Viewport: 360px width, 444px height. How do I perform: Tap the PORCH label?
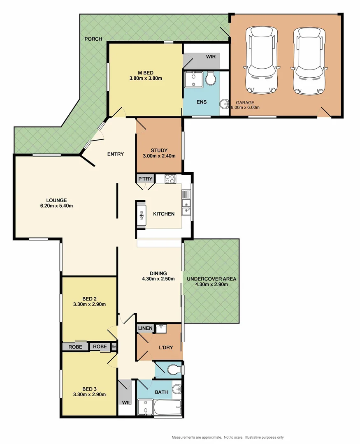[x=93, y=39]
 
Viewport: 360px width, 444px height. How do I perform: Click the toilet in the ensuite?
[x=211, y=78]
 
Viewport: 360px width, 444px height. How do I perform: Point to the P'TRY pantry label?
[x=145, y=179]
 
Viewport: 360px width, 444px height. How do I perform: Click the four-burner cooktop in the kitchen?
[x=170, y=179]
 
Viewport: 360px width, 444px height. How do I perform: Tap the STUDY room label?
[x=159, y=150]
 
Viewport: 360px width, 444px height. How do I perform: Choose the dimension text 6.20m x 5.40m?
[x=57, y=206]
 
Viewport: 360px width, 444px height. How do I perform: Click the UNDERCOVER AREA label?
[x=211, y=279]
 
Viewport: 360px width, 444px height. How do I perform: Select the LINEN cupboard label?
[x=145, y=328]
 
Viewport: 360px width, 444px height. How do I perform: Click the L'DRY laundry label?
[x=165, y=347]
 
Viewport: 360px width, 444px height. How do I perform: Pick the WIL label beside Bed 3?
[x=126, y=402]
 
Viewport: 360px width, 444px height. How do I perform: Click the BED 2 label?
[x=89, y=298]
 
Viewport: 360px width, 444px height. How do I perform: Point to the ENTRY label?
[x=115, y=154]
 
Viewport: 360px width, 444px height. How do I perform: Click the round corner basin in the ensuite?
[x=224, y=104]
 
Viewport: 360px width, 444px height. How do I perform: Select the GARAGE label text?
[x=245, y=103]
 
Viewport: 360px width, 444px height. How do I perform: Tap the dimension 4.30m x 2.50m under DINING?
[x=158, y=279]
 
